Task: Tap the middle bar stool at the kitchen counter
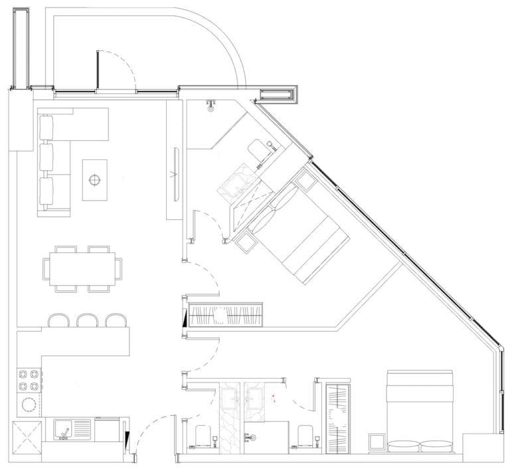(88, 320)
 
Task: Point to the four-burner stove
(29, 381)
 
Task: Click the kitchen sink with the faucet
(66, 430)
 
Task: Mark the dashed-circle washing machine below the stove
(29, 404)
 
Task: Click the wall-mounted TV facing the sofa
(175, 174)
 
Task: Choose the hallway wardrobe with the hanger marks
(226, 314)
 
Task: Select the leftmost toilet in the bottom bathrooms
(203, 436)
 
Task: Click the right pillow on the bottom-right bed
(434, 446)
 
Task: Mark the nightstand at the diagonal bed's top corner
(306, 179)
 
